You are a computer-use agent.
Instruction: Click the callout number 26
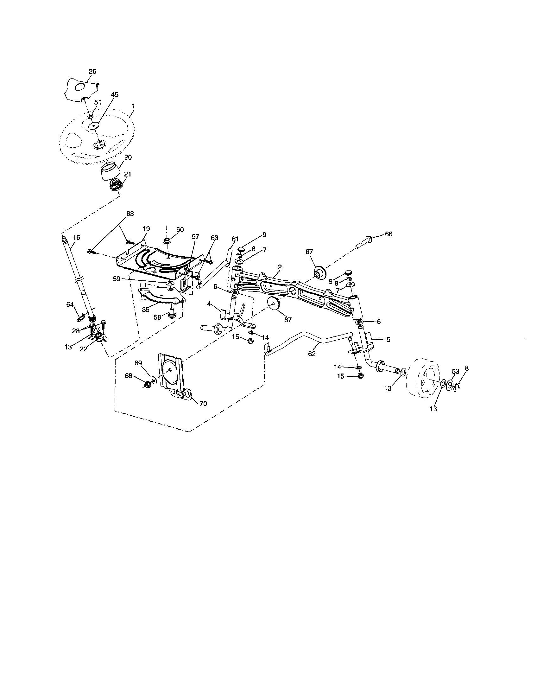pos(92,72)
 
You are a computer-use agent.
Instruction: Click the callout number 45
pos(115,94)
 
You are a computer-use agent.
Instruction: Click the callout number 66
pos(389,234)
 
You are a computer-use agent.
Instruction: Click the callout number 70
pos(203,403)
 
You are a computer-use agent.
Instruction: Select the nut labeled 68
pos(148,385)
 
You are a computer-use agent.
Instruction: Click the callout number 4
pos(209,304)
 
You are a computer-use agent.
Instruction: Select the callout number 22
pos(83,349)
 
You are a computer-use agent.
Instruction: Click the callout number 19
pos(146,229)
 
